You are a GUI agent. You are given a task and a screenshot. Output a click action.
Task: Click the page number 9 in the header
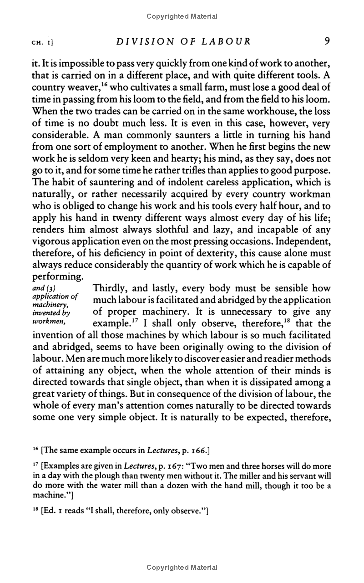click(x=327, y=41)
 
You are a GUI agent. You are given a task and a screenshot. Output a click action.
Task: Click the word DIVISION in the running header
click(x=139, y=41)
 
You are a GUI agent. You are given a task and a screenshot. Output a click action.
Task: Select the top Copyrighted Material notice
click(x=182, y=16)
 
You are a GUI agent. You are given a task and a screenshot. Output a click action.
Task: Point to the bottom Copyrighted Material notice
click(x=182, y=568)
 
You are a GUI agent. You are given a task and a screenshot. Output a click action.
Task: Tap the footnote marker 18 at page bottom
click(x=35, y=511)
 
